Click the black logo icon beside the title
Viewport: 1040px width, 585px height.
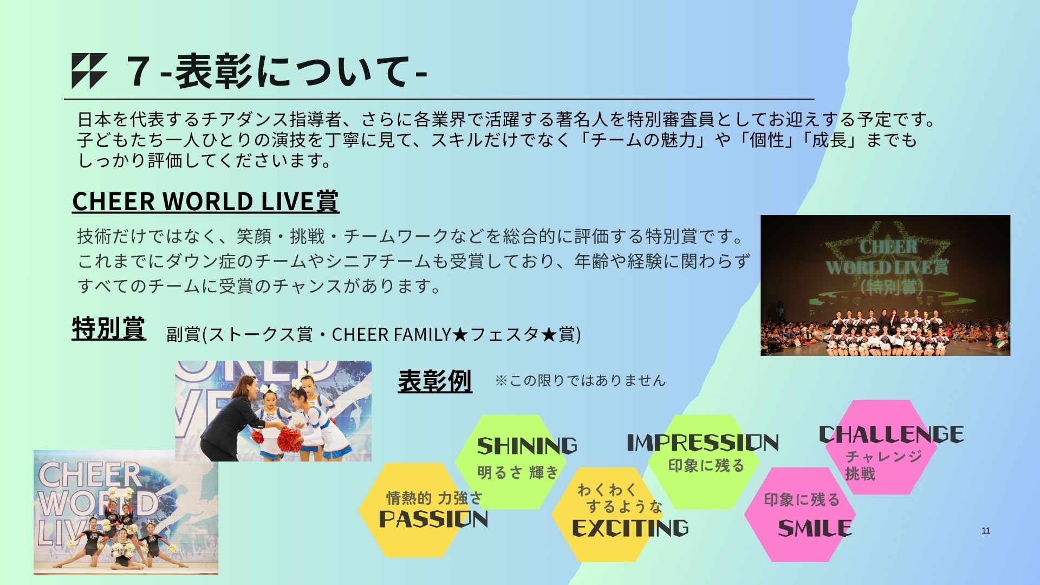[89, 71]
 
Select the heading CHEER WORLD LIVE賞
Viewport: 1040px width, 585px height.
[206, 201]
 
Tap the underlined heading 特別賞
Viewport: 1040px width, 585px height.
[109, 328]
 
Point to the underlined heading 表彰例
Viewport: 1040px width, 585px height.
[435, 381]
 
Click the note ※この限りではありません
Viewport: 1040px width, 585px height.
[580, 380]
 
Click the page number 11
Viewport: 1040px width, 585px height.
[986, 531]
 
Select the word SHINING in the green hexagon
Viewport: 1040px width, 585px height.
[527, 446]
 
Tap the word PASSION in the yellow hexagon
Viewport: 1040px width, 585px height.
[433, 518]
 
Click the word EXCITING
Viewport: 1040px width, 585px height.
[630, 528]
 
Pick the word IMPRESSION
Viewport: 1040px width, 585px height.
[703, 443]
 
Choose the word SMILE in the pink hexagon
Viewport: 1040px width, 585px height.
[815, 528]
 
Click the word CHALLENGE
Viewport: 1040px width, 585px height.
[891, 434]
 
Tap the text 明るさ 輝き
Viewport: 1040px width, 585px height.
[517, 473]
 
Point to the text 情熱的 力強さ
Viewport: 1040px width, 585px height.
[434, 497]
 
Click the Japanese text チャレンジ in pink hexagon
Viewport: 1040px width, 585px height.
[883, 457]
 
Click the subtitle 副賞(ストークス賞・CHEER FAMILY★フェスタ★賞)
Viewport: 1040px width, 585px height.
[374, 334]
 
